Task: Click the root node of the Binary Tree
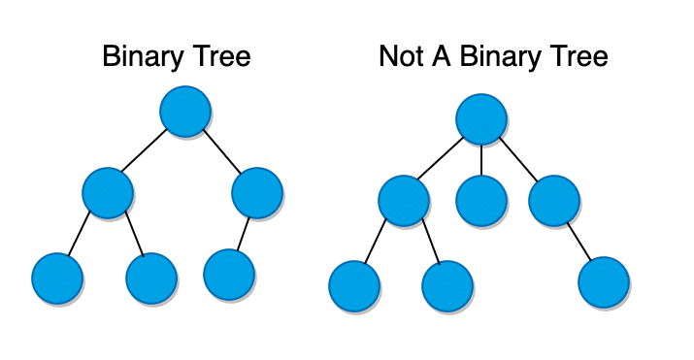pyautogui.click(x=185, y=112)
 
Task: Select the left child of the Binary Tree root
pyautogui.click(x=107, y=192)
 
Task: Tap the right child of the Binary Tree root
pyautogui.click(x=257, y=192)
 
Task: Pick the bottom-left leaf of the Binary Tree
pyautogui.click(x=56, y=278)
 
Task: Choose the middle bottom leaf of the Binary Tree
pyautogui.click(x=151, y=278)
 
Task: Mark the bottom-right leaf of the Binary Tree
pyautogui.click(x=229, y=274)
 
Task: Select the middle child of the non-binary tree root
pyautogui.click(x=481, y=201)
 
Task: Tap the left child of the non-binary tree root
pyautogui.click(x=404, y=201)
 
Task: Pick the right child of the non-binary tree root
pyautogui.click(x=554, y=201)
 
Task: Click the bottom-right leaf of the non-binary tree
pyautogui.click(x=604, y=282)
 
